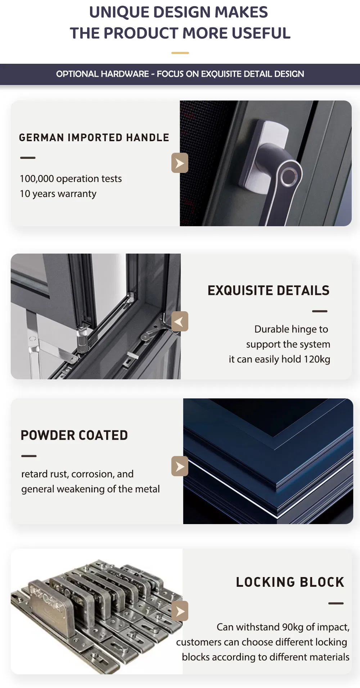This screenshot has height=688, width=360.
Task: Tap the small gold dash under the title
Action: coord(180,53)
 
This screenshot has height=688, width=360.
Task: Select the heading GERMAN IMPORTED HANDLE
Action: coord(94,138)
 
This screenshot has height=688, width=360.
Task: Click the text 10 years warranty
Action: coord(58,194)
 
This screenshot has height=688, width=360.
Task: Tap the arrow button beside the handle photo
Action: coord(180,163)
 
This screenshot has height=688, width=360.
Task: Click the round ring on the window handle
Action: coord(289,176)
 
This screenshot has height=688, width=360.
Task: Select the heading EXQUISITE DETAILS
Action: coord(269,290)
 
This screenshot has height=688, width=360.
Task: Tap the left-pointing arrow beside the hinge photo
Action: coord(180,321)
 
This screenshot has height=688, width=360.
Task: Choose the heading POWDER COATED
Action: coord(74,435)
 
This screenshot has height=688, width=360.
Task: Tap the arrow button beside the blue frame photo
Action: coord(180,466)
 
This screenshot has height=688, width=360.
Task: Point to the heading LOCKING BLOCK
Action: coord(290,582)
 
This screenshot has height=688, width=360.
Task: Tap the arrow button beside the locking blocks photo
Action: coord(180,611)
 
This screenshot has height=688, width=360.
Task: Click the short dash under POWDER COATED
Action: coord(29,456)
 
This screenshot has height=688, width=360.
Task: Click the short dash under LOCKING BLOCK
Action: coord(336,603)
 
